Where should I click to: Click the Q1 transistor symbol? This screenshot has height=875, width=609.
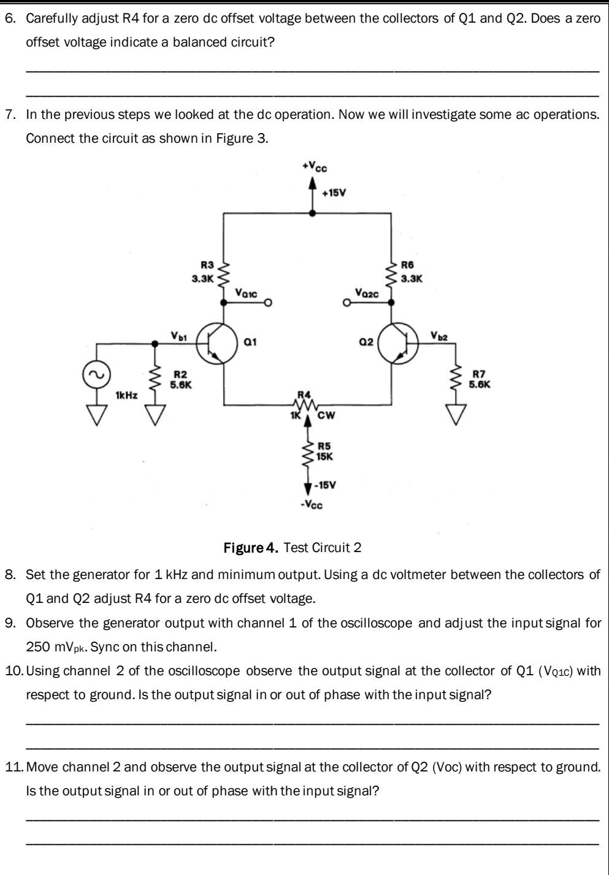[216, 345]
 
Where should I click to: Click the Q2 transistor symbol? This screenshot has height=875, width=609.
[398, 345]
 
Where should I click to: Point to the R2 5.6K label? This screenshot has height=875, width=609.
[181, 379]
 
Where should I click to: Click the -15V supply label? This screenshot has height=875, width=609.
[325, 485]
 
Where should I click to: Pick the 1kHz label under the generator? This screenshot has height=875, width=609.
[126, 396]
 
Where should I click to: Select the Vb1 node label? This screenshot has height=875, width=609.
[178, 335]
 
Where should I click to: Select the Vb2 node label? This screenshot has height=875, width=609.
[439, 335]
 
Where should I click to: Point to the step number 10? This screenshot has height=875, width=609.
[13, 671]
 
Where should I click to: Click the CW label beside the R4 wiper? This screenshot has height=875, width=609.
[326, 416]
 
